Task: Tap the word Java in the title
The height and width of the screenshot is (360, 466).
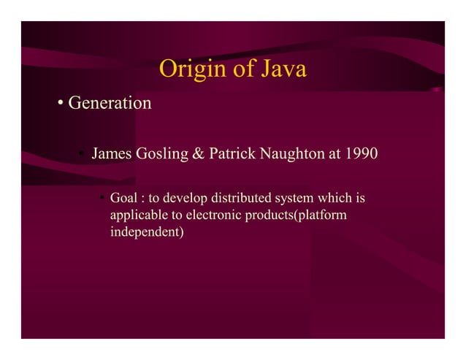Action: pos(280,69)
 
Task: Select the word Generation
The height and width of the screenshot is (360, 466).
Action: pos(110,104)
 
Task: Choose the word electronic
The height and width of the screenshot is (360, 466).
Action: pos(210,217)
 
